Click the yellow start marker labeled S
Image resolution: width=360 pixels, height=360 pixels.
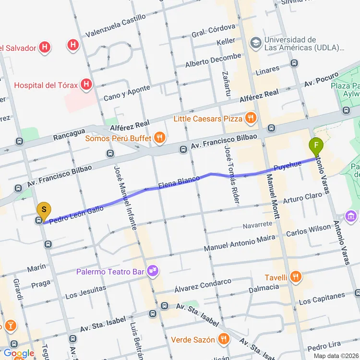[44, 210]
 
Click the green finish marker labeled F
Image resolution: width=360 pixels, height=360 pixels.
[316, 145]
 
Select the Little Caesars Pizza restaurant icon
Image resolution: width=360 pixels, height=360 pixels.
[250, 118]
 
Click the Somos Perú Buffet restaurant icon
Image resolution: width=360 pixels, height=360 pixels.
[160, 139]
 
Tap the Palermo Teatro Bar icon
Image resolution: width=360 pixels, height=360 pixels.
[153, 272]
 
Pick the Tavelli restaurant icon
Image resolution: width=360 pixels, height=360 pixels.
[296, 277]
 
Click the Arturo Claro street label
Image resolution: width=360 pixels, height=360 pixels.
[302, 198]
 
